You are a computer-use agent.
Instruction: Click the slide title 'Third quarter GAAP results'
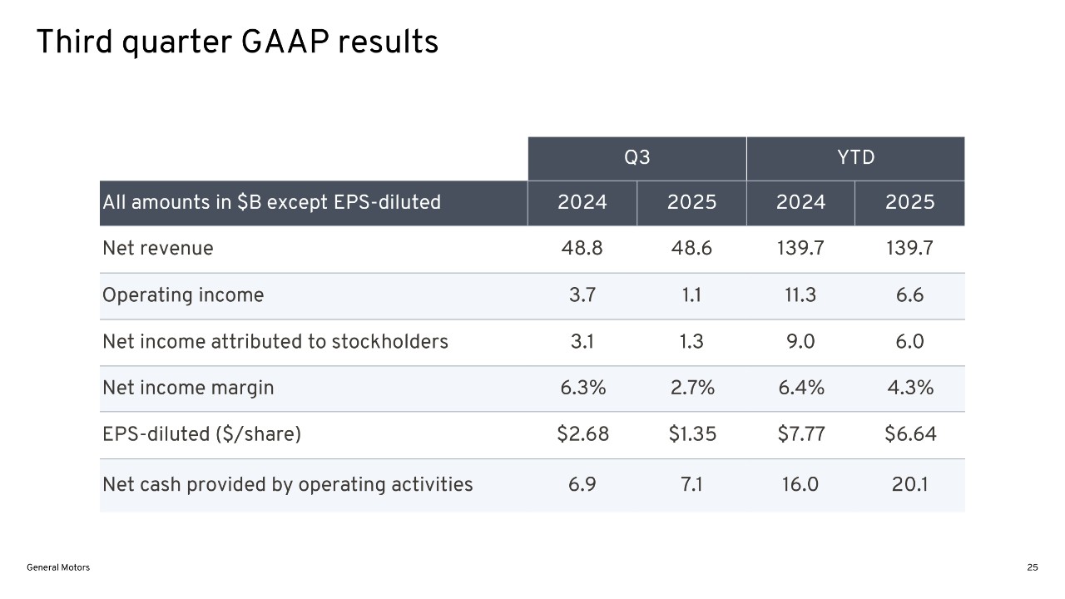[237, 42]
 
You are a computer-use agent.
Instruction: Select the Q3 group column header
[637, 158]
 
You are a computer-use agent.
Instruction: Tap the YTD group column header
[855, 158]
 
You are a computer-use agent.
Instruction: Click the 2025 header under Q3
[691, 202]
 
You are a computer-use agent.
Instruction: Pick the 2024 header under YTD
[800, 202]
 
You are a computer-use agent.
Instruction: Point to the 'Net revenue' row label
[157, 248]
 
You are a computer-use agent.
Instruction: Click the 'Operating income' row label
[183, 295]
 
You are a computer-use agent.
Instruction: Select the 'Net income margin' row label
[188, 388]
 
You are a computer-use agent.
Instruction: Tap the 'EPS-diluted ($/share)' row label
[201, 433]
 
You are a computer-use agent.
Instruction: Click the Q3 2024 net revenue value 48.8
[582, 248]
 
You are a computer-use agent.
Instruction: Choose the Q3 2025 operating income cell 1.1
[691, 295]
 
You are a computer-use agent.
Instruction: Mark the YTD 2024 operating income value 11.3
[800, 295]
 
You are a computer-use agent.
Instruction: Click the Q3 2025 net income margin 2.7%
[691, 388]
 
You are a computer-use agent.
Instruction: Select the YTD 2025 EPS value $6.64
[909, 433]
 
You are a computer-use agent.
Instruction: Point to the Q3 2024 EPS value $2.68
[582, 433]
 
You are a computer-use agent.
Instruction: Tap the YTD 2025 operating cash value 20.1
[909, 484]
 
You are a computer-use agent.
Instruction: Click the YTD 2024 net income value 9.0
[800, 341]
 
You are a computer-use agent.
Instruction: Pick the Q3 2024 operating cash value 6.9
[582, 484]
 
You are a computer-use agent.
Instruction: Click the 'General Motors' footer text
[58, 567]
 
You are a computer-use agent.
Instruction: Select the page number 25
[1032, 567]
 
